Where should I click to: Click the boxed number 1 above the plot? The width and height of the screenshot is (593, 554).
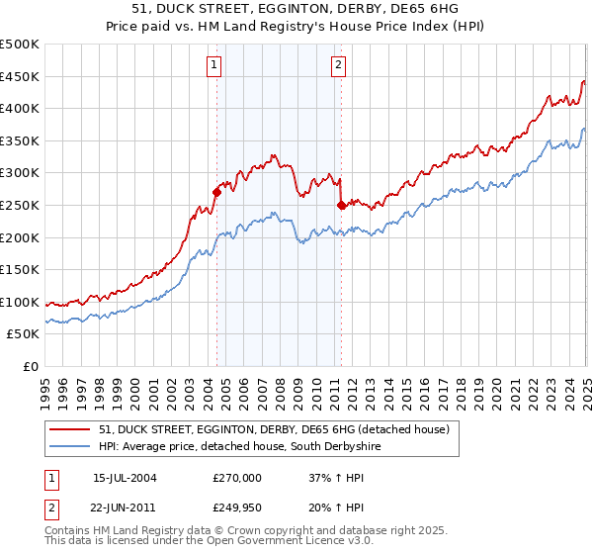coord(214,66)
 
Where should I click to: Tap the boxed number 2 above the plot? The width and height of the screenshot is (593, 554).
coord(338,66)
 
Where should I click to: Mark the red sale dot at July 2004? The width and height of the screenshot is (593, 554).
coord(216,192)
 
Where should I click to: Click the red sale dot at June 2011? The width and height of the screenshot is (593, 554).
coord(341,205)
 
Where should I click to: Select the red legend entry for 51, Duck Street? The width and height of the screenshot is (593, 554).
coord(275,429)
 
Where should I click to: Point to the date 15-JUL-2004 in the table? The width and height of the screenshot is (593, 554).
coord(125,477)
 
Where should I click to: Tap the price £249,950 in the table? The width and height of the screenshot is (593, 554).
coord(236,507)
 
